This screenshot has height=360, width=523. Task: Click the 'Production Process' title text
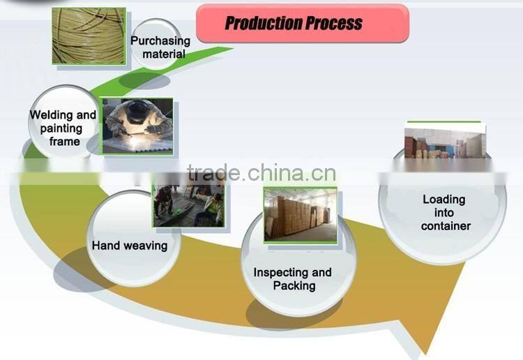[294, 23]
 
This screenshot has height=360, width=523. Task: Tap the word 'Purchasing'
[160, 41]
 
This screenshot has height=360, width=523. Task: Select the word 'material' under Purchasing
[164, 54]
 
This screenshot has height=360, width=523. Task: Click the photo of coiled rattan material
[89, 36]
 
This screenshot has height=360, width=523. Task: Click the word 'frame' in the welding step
[65, 142]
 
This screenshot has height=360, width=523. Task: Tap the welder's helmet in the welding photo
[137, 110]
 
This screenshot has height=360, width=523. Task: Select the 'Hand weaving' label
[130, 246]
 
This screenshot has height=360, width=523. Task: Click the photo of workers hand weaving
[189, 206]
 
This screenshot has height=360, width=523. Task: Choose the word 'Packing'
[294, 286]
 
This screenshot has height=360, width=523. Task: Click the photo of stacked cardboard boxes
[301, 215]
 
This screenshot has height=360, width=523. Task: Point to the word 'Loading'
[444, 200]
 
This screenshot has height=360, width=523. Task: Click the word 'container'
[446, 226]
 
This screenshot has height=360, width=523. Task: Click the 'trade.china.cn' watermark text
[261, 173]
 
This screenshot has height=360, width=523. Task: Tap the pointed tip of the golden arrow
[426, 354]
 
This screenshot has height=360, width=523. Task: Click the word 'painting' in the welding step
[61, 128]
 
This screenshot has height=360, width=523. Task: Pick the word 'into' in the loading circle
[444, 213]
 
